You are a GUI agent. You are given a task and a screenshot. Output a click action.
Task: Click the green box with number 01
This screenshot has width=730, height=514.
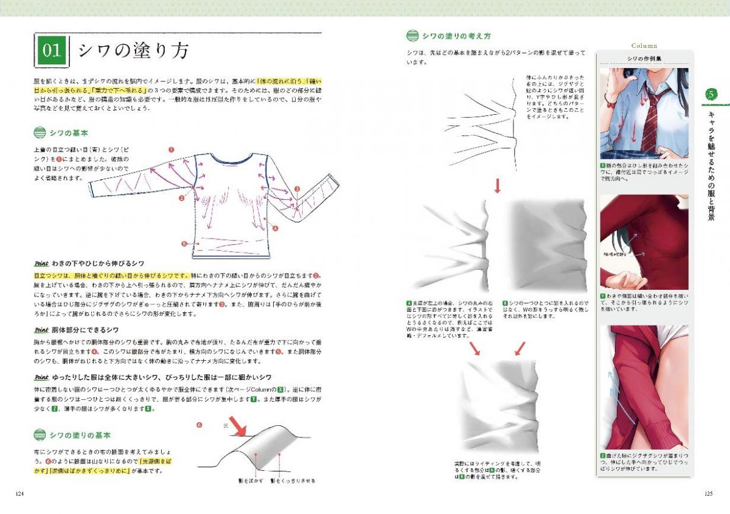coord(52,50)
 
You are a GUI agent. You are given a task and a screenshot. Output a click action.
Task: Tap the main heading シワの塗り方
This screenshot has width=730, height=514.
coord(133,50)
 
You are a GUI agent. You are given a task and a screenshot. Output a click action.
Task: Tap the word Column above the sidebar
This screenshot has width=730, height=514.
coord(644,46)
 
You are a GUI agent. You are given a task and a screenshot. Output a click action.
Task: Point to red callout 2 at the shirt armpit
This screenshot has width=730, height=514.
coord(181,198)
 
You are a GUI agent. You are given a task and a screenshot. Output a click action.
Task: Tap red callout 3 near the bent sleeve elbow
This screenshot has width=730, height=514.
coord(296,189)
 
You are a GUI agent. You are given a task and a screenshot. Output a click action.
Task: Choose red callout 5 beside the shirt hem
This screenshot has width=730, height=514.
coord(184,243)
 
